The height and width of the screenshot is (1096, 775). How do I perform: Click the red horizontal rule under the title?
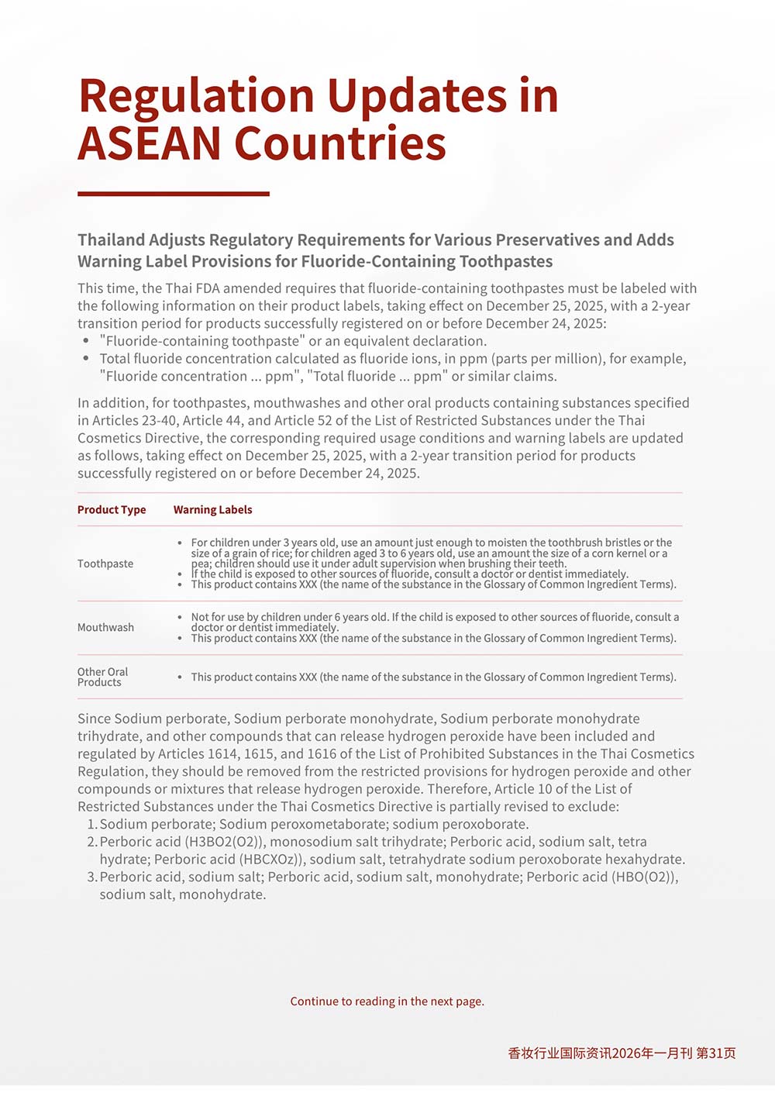coord(174,194)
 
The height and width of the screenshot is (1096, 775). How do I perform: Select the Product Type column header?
coord(112,509)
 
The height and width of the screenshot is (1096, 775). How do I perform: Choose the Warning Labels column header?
coord(212,509)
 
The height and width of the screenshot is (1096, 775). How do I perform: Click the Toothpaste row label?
coord(105,564)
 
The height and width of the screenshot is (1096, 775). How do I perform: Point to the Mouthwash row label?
coord(105,627)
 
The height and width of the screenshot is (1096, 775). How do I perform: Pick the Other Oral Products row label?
coord(102,677)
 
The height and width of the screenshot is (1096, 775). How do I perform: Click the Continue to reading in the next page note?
coord(387,1001)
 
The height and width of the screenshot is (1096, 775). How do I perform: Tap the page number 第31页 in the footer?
coord(716,1053)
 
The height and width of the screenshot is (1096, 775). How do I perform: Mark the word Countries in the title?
coord(340,144)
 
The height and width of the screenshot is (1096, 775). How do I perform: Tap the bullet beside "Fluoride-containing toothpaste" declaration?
coord(86,341)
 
